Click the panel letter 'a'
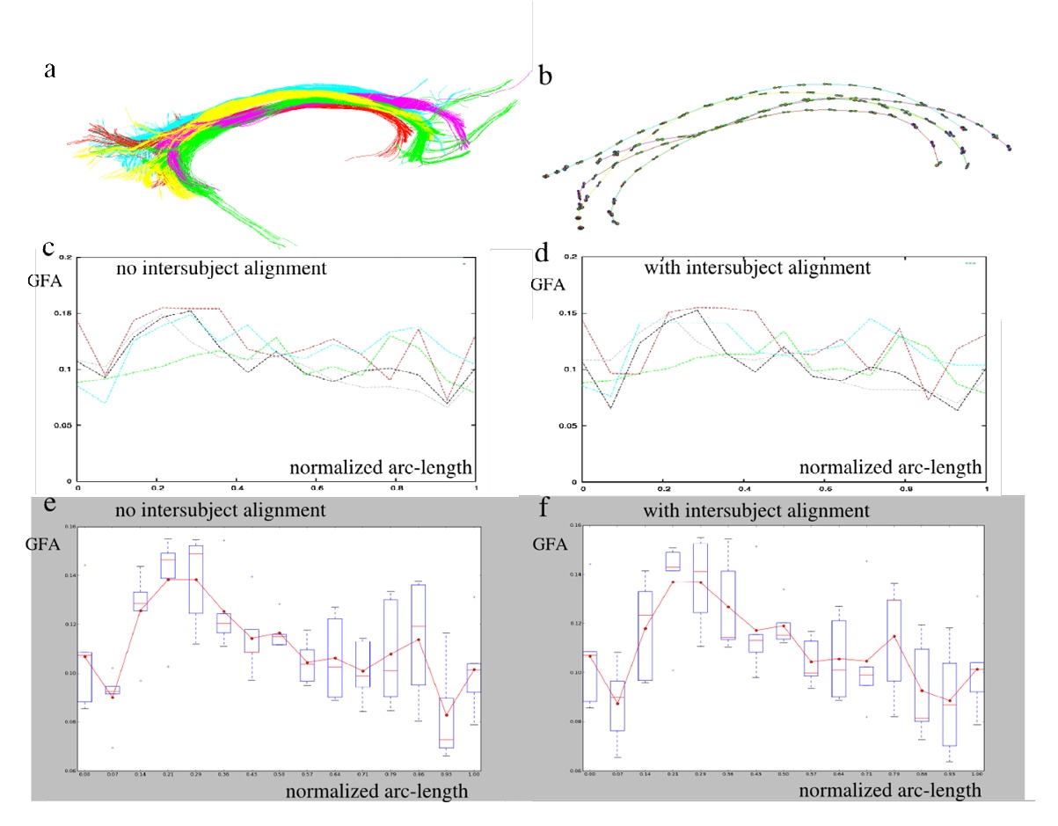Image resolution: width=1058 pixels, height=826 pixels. pyautogui.click(x=50, y=70)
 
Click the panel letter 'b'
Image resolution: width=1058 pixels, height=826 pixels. pyautogui.click(x=545, y=77)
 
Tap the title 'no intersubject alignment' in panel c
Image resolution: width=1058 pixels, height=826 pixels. pyautogui.click(x=222, y=267)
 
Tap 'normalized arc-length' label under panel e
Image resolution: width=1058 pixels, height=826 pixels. pyautogui.click(x=376, y=791)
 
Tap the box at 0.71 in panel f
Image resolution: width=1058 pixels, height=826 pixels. pyautogui.click(x=843, y=676)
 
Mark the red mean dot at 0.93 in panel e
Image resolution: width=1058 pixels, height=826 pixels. pyautogui.click(x=446, y=715)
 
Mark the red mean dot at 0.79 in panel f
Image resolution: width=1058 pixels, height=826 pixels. pyautogui.click(x=894, y=636)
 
